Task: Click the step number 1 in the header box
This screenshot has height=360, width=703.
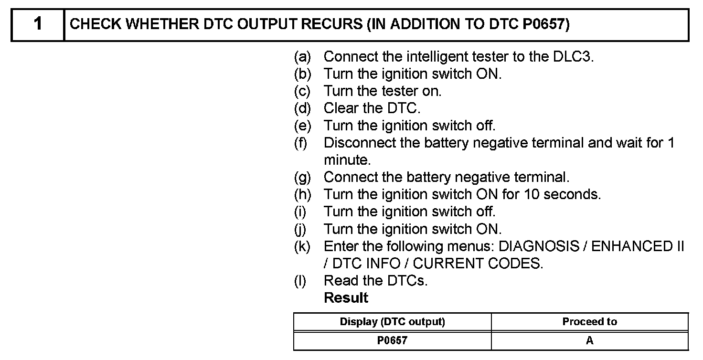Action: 38,24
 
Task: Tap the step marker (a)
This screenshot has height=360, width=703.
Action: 302,57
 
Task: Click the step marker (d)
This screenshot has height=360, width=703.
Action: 302,109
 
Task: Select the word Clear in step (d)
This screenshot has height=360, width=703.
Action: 339,109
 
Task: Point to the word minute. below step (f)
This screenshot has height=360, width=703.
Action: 347,160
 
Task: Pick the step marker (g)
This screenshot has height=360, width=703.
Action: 302,178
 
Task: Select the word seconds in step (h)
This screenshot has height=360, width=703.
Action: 572,195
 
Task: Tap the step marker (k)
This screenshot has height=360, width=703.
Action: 302,247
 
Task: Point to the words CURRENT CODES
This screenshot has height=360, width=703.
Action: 478,264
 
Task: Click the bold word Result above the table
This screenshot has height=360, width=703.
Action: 346,298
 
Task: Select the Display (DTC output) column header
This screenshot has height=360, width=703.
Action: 392,322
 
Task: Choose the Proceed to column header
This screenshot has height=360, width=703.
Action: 589,322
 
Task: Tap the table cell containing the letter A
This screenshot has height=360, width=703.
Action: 589,341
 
